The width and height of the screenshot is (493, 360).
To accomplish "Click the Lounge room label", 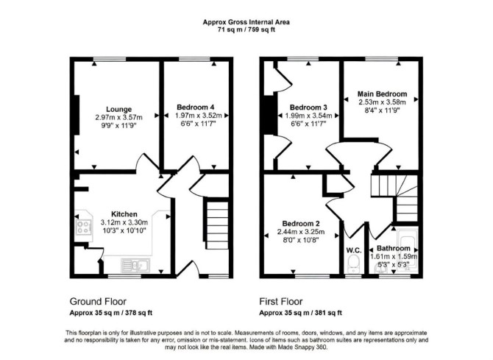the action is coord(119,109).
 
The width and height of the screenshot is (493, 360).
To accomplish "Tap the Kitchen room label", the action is coord(124,214).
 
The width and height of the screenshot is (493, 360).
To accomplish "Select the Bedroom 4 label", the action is coord(196,107).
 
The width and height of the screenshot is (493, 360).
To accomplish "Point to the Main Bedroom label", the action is coord(382,93).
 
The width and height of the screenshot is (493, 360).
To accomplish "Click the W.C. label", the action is coord(354,250).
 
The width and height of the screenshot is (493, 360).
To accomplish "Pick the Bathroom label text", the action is coord(394,248).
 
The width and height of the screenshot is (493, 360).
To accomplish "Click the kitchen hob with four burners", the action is coord(84,227).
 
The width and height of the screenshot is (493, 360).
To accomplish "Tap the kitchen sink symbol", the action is coord(136,266).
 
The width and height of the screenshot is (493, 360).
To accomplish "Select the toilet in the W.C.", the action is coord(354,264).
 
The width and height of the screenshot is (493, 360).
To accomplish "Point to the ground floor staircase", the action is coord(217,225).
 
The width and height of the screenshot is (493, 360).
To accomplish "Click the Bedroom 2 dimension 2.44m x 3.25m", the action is coord(301,232).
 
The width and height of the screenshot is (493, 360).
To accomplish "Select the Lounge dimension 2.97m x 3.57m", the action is coord(119,117).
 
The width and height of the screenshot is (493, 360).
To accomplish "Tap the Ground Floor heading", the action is coord(98,301).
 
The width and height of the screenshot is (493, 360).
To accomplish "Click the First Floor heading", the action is coord(281,301).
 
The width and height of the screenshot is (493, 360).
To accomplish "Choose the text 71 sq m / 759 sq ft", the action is coord(246,30).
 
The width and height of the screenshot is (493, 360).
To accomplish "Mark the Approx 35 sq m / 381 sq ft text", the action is coord(300,313).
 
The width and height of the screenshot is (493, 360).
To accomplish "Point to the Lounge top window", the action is coord(110,59).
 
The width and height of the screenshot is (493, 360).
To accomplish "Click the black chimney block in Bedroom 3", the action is coord(270,115).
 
